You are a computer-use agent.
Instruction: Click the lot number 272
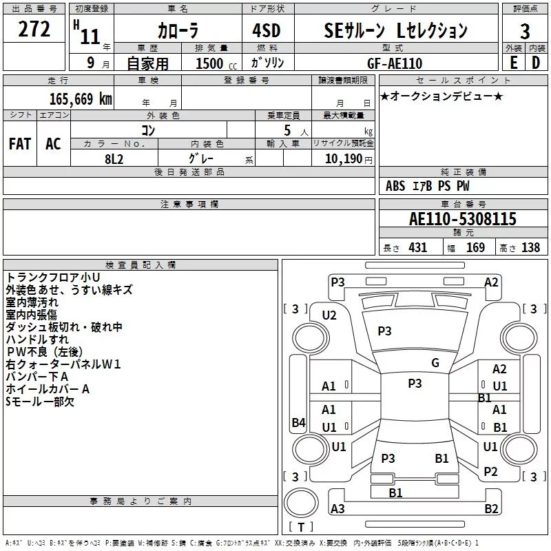point(34,29)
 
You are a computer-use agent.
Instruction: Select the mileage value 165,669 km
point(81,99)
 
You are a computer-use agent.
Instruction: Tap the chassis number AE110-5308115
point(463,219)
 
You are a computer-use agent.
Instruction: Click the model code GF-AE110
point(395,63)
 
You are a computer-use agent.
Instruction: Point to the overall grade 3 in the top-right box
point(525,32)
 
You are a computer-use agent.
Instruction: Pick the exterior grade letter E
point(514,63)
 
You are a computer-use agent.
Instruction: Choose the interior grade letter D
point(536,63)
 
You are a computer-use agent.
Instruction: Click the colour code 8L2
point(114,159)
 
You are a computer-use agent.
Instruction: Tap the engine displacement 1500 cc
point(216,63)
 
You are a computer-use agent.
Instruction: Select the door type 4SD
point(267,30)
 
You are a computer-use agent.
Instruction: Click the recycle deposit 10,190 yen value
point(349,159)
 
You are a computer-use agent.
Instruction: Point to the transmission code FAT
point(20,144)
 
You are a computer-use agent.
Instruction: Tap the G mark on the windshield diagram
point(435,363)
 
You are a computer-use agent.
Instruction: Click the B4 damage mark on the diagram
point(299,422)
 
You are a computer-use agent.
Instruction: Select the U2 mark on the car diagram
point(329,315)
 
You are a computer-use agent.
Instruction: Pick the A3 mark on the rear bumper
point(337,508)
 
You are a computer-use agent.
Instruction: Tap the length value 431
point(418,247)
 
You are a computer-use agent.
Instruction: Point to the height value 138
point(530,247)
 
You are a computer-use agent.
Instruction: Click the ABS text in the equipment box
point(395,186)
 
